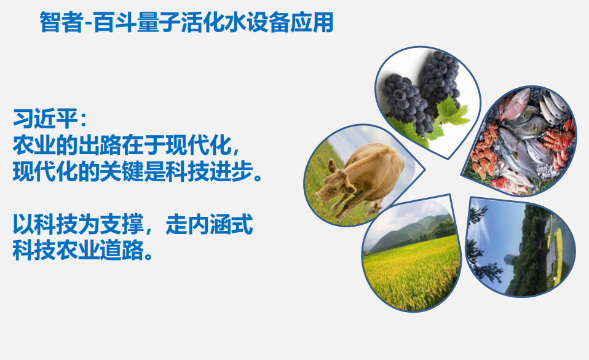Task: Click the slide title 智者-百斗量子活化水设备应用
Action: [x=186, y=22]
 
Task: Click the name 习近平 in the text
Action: [x=45, y=119]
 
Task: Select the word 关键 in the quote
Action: [x=122, y=172]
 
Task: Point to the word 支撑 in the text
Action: [x=122, y=224]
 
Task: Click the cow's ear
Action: [x=333, y=165]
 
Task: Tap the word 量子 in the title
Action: [x=159, y=22]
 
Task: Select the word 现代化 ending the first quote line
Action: [x=198, y=145]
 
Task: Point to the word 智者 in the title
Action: [x=61, y=22]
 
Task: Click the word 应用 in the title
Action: [x=312, y=22]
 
